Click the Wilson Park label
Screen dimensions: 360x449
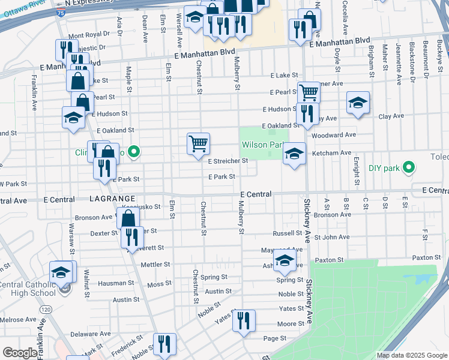(x=262, y=145)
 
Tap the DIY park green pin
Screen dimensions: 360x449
(x=409, y=167)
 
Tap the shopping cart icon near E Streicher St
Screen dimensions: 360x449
(x=198, y=145)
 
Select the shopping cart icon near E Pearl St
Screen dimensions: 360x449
(x=309, y=93)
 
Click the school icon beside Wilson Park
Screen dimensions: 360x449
(x=294, y=154)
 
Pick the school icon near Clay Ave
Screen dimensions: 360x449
(x=358, y=103)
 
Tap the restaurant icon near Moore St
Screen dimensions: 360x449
(x=244, y=321)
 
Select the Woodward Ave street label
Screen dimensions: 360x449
(x=334, y=135)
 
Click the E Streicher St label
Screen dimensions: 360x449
(x=228, y=161)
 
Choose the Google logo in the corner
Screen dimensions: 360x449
(x=20, y=353)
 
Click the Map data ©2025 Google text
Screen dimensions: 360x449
(x=411, y=355)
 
